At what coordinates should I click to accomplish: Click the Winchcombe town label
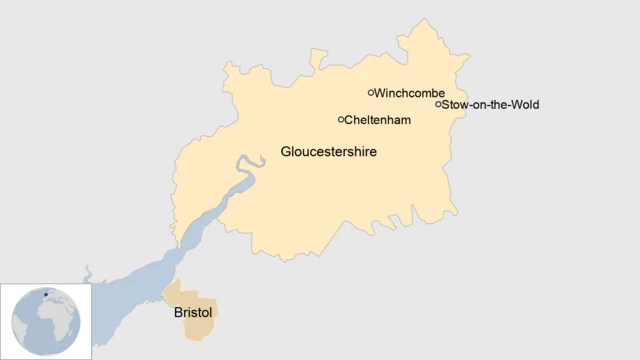409,93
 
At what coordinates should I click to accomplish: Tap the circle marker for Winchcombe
371,93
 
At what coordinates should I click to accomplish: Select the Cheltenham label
378,120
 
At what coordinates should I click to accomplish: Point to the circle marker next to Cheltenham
341,120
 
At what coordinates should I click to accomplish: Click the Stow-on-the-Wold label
490,104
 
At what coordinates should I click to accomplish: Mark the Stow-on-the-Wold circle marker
438,104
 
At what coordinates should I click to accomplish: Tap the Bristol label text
193,312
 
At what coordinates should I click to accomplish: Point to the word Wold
525,104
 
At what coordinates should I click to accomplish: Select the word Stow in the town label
455,104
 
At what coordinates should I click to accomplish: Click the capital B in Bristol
178,312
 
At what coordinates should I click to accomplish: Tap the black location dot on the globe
45,295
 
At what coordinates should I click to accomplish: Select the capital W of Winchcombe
380,93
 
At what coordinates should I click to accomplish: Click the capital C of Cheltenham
350,120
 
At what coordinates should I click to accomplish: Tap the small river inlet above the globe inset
88,273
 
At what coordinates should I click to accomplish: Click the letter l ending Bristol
211,312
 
